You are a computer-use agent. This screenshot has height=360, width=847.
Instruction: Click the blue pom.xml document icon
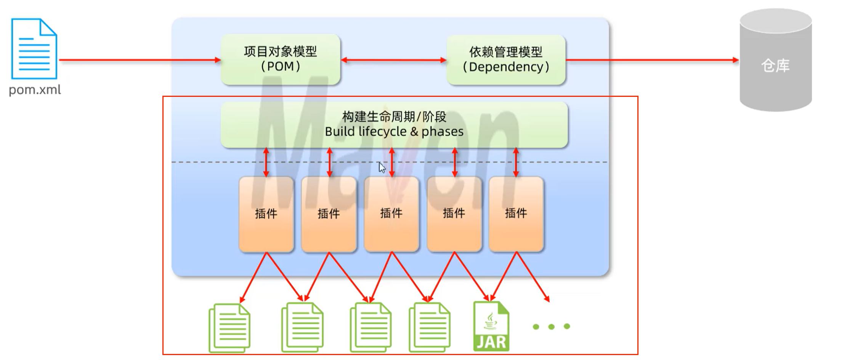point(34,48)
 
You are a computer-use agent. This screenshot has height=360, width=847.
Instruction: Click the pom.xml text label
point(35,90)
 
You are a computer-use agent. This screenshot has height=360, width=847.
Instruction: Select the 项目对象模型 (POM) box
point(281,59)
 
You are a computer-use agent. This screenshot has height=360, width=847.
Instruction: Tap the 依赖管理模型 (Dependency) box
point(506,59)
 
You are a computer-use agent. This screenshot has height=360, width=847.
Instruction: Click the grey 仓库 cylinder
point(775,61)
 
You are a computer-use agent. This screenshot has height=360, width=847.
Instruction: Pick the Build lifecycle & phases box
point(394,124)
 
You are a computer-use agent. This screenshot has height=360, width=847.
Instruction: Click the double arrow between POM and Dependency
point(393,60)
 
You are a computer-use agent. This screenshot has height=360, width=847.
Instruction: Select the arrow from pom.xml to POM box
point(140,60)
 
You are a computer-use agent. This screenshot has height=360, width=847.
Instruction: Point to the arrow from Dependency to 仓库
point(652,60)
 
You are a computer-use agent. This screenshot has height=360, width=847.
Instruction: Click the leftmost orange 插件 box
point(266,214)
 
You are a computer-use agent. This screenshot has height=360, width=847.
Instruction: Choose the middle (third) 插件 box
point(391,214)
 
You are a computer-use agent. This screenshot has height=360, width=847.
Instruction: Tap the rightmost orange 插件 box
point(516,214)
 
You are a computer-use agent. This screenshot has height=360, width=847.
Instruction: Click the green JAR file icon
point(491,326)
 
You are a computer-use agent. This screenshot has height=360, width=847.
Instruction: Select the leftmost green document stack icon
point(229,328)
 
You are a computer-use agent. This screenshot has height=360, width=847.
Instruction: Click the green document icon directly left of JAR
point(430,327)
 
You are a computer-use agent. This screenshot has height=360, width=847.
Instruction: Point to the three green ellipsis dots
point(551,326)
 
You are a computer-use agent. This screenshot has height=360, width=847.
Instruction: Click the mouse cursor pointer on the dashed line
point(382,167)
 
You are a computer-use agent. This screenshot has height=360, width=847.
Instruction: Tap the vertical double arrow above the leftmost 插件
point(266,162)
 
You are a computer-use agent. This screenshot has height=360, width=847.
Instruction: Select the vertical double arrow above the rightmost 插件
point(516,162)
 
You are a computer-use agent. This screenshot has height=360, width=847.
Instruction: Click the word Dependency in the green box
point(505,67)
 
